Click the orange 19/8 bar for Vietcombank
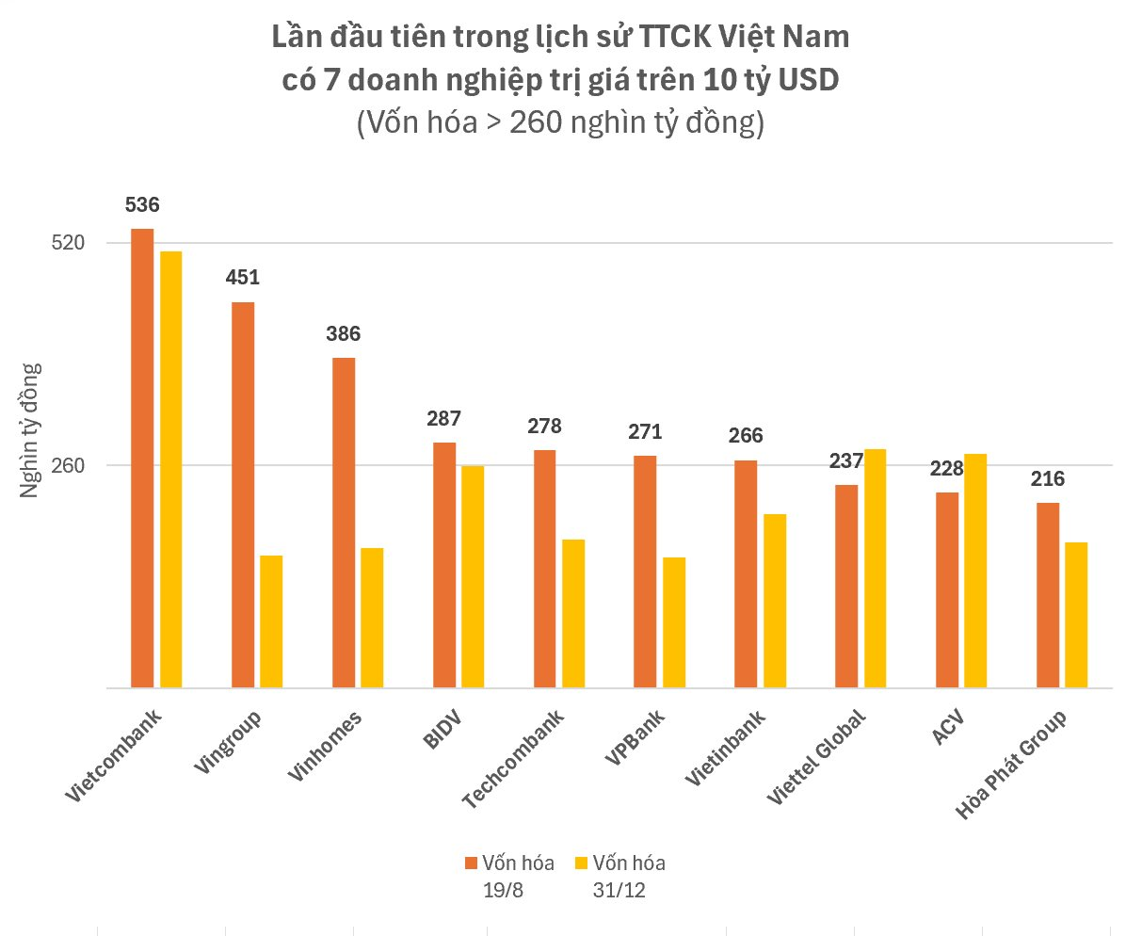click(142, 458)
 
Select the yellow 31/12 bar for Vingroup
click(271, 621)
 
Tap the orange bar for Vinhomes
click(344, 523)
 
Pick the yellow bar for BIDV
click(473, 576)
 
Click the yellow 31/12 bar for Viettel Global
click(875, 568)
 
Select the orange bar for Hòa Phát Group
click(1047, 595)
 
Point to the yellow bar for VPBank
click(674, 622)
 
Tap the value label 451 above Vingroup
click(242, 278)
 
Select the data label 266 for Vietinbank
click(746, 435)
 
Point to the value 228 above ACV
click(947, 468)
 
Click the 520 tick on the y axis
click(68, 243)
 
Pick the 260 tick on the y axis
click(68, 465)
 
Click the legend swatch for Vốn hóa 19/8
click(472, 863)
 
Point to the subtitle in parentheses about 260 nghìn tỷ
click(562, 123)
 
